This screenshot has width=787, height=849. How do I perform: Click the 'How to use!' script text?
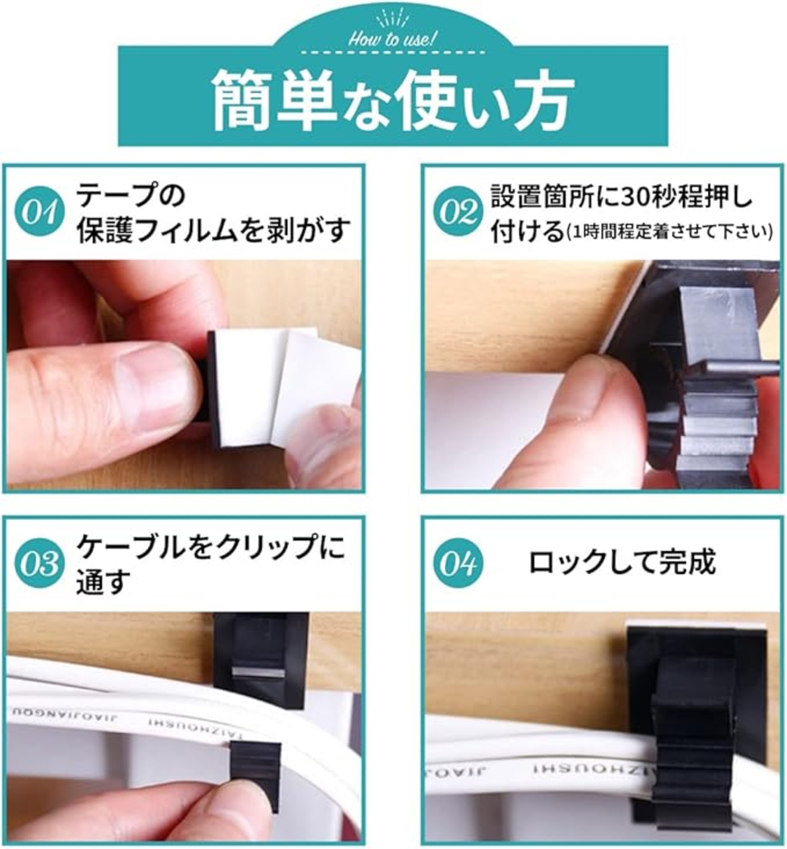tap(392, 40)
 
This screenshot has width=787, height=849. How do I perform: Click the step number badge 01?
tap(40, 212)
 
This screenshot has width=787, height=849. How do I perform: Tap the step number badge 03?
tap(40, 564)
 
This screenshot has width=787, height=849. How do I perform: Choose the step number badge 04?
tap(458, 564)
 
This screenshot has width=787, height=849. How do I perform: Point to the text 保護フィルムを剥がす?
tap(213, 230)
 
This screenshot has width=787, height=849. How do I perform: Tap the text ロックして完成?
tap(622, 562)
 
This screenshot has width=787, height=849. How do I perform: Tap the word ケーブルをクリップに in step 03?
tap(211, 547)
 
